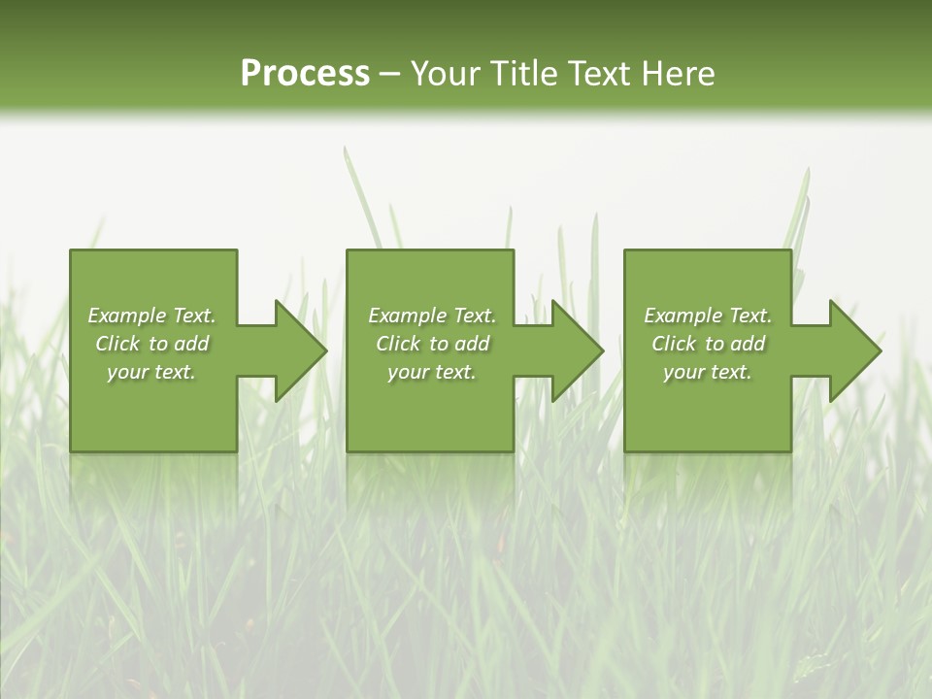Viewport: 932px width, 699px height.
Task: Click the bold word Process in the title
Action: (x=305, y=74)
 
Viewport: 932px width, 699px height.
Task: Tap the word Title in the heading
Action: (x=524, y=74)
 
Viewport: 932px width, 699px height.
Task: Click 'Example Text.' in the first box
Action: (x=151, y=316)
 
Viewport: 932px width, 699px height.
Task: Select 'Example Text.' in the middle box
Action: (x=432, y=316)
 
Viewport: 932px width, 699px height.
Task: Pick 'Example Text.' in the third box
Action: (x=708, y=316)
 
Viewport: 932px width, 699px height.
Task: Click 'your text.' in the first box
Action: (x=151, y=372)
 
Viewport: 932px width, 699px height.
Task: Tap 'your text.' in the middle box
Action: (x=432, y=372)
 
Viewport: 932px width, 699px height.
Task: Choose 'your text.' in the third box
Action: (x=708, y=372)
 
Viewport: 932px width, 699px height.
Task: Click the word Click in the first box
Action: (x=117, y=344)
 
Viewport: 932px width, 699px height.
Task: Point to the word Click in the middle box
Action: (x=398, y=344)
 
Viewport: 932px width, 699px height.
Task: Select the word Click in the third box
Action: (x=674, y=344)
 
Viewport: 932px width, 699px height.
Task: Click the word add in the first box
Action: (x=191, y=344)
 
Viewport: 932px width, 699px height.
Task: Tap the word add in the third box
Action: (x=748, y=344)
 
